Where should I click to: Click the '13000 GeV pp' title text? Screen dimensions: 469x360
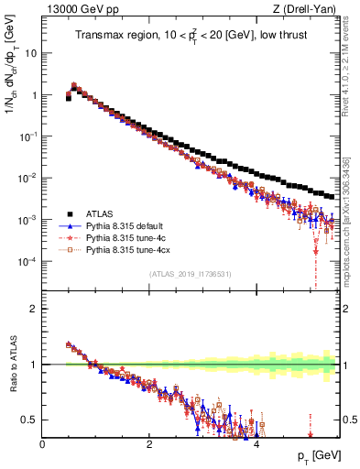click(74, 9)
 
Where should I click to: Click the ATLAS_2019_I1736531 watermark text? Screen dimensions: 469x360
click(190, 274)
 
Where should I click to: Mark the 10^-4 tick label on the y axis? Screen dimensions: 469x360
click(27, 262)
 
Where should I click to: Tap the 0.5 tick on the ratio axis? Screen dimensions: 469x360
click(29, 420)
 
